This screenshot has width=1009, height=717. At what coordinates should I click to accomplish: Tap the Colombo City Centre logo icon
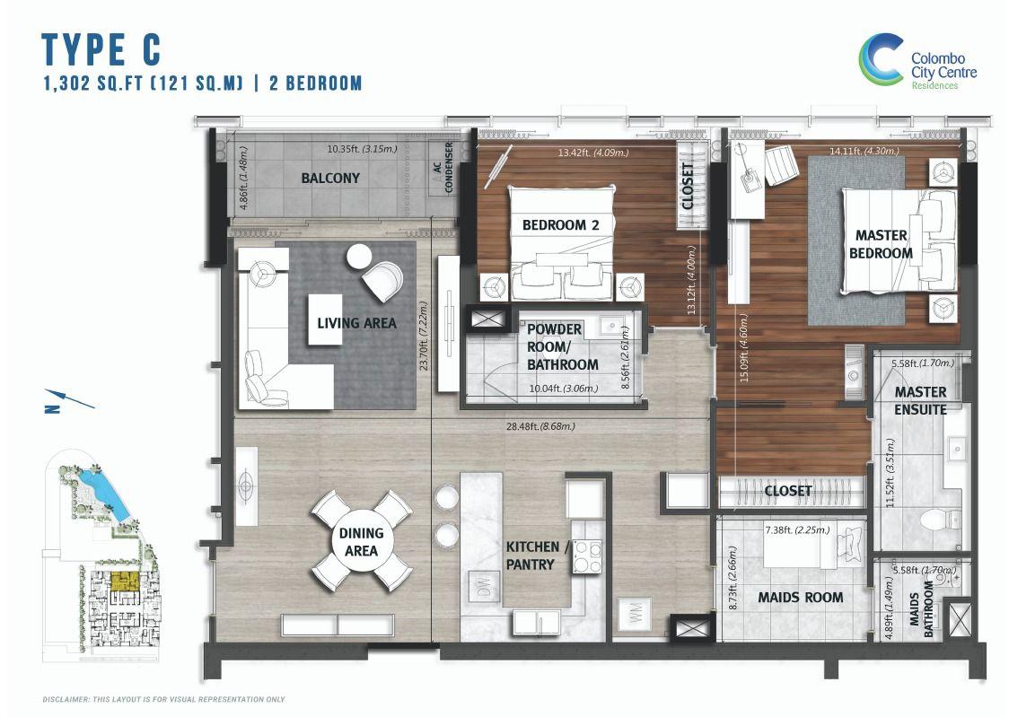pos(881,61)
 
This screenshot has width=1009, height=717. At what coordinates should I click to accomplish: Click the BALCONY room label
pos(330,178)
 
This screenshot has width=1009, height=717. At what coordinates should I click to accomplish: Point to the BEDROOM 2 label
pos(560,225)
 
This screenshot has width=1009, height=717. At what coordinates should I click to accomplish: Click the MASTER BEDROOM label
pos(881,244)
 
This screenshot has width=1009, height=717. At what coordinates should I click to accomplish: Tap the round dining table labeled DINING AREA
pos(361,540)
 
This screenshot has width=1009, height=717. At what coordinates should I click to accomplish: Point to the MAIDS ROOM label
pos(800,597)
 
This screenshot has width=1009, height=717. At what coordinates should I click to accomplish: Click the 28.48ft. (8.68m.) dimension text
pos(541,426)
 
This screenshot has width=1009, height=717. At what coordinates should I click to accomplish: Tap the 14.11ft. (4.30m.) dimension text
pos(864,152)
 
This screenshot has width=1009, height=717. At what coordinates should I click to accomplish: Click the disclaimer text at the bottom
pos(163,699)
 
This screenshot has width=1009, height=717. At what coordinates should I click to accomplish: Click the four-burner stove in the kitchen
pos(586,555)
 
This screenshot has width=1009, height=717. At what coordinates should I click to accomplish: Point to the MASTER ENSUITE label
pos(920,400)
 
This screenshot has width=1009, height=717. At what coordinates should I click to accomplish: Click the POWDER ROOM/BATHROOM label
pos(562,346)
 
